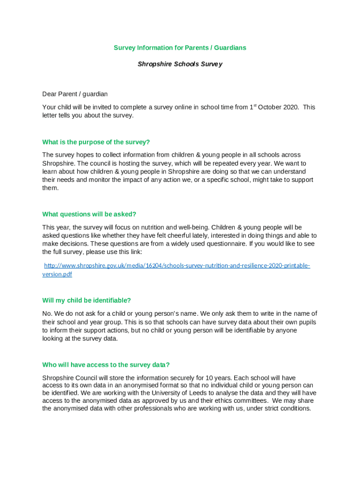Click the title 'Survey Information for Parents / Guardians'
pos(180,48)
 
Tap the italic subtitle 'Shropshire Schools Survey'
pos(180,64)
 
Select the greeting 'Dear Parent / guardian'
pos(75,94)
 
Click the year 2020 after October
pos(289,107)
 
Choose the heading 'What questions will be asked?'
pos(89,214)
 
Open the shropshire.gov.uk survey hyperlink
pos(177,266)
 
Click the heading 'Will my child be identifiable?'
pos(86,300)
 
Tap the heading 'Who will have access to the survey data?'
pos(106,365)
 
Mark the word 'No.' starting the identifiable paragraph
pos(47,313)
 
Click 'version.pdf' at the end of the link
pos(58,274)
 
